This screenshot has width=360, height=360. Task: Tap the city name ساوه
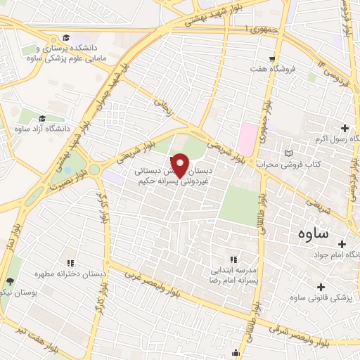coord(316,233)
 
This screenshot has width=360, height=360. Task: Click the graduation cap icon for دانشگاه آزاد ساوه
coord(42,119)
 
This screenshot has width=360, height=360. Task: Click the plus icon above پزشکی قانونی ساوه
coord(321,287)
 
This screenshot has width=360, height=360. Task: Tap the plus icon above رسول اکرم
coord(345,128)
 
